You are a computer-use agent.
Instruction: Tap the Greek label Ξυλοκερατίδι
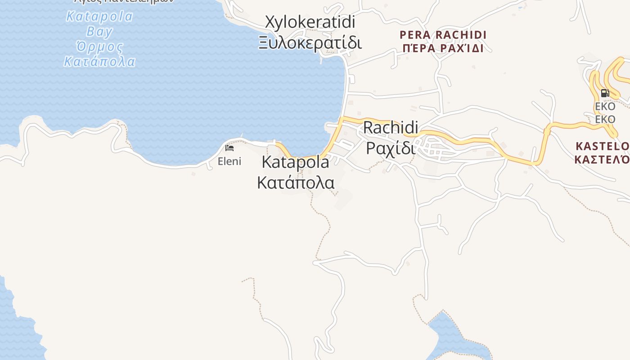[310, 43]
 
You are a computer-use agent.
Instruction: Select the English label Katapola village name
[295, 162]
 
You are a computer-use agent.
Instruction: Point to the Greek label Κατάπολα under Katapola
[296, 183]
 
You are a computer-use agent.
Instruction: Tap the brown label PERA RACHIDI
[443, 35]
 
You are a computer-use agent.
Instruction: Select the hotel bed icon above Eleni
[229, 148]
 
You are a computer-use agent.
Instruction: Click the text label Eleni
[229, 161]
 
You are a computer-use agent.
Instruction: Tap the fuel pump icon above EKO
[605, 94]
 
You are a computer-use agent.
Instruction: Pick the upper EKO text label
[605, 107]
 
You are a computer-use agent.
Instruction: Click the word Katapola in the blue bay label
[99, 17]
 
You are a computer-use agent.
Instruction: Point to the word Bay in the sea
[99, 31]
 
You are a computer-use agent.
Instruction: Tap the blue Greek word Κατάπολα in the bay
[99, 61]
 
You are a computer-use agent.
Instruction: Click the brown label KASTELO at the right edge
[603, 146]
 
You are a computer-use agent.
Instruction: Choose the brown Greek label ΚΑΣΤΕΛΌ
[603, 159]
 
